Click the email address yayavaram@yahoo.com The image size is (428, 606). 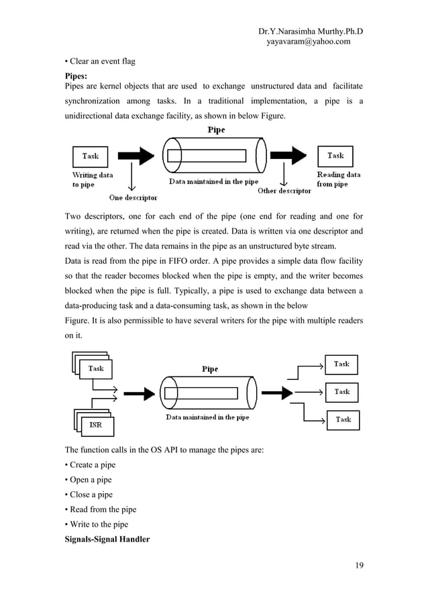tap(309, 42)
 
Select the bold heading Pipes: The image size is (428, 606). tap(75, 77)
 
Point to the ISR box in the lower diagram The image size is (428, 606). tap(95, 425)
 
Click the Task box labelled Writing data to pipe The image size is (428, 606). tap(90, 156)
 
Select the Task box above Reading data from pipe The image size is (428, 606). tap(335, 156)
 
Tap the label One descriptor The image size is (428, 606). tap(133, 197)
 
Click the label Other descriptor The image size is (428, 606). tap(284, 191)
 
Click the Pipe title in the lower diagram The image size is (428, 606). tap(210, 369)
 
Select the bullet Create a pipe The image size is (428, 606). tap(90, 464)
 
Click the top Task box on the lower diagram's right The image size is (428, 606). tap(341, 364)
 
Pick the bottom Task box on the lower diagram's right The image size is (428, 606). tap(343, 419)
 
